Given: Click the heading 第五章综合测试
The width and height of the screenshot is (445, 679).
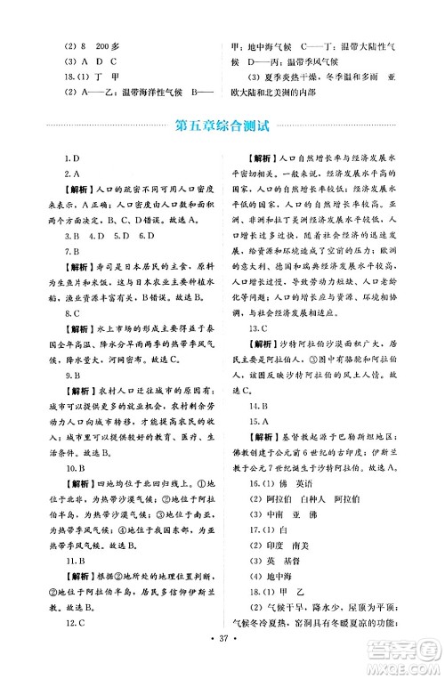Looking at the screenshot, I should (222, 125).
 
